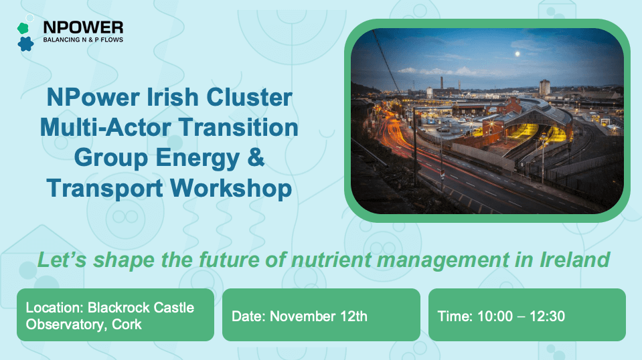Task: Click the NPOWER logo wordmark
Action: point(83,27)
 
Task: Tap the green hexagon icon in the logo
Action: point(22,27)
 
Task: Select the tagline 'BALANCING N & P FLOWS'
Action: point(83,39)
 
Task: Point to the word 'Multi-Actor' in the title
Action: point(108,127)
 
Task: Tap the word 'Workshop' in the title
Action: point(232,188)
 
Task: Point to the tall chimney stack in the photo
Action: point(442,84)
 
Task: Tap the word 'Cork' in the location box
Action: point(127,324)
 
